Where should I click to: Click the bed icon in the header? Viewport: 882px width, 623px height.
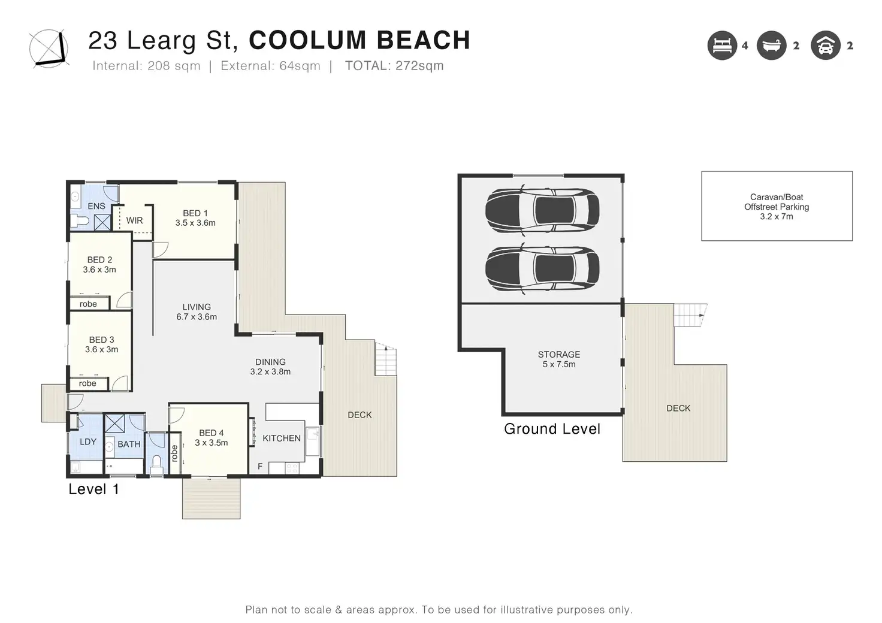coord(722,46)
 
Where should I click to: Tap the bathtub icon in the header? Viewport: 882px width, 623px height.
coord(772,46)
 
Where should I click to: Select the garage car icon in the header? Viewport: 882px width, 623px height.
coord(826,46)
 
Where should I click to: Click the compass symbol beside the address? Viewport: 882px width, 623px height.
coord(49,49)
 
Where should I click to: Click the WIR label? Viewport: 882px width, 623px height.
coord(134,220)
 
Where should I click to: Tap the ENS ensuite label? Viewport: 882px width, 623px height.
coord(96,206)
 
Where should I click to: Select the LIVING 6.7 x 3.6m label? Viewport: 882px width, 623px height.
coord(197,311)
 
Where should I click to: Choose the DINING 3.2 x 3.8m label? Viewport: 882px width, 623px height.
coord(270,367)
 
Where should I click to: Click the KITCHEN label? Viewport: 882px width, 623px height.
coord(282,438)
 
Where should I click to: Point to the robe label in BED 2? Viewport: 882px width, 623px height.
coord(88,304)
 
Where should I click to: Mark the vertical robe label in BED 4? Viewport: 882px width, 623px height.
coord(174,453)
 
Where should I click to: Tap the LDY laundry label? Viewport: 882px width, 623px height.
coord(88,441)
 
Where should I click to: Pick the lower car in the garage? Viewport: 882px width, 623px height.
coord(543,268)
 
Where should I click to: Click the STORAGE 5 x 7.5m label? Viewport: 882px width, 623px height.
coord(559,359)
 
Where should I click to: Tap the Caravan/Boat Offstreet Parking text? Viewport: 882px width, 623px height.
coord(777,207)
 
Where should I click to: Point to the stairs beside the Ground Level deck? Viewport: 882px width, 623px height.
coord(690,315)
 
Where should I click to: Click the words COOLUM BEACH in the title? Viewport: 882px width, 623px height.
coord(360,40)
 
